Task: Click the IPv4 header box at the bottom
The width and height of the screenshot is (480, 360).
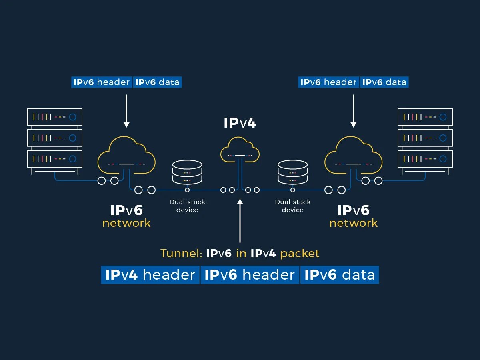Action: [150, 275]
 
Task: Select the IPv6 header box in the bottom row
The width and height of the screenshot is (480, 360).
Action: [250, 275]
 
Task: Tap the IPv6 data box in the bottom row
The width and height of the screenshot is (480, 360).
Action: [340, 275]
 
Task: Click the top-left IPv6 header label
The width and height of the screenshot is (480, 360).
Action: [102, 82]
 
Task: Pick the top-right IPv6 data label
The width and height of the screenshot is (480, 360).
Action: [384, 82]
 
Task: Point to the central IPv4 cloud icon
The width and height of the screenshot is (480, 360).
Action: [240, 150]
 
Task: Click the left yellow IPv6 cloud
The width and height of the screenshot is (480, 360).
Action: [126, 156]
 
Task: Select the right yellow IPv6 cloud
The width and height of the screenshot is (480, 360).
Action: [354, 156]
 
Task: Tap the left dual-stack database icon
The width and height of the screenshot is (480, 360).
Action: [187, 172]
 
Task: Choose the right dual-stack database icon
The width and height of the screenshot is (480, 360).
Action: [293, 172]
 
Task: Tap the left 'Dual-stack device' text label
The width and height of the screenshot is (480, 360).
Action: [187, 206]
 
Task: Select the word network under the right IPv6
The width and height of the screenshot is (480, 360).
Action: [353, 223]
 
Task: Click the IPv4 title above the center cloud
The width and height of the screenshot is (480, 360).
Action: [240, 123]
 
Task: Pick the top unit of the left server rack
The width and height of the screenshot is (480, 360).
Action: [55, 117]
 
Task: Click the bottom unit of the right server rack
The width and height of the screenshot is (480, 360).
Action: [425, 159]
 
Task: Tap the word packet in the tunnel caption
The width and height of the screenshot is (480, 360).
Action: [300, 254]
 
